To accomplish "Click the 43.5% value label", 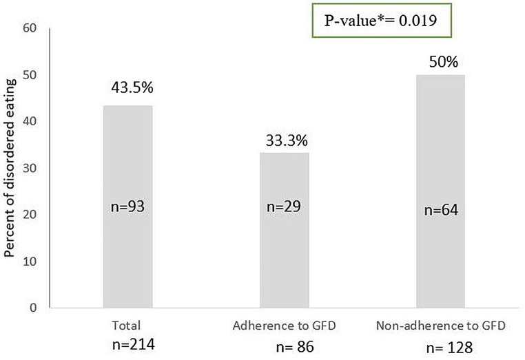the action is (x=132, y=87).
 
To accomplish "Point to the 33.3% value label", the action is (x=287, y=140).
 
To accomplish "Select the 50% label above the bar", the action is (x=443, y=62).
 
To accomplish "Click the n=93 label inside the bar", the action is (x=127, y=207).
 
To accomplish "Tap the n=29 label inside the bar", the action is (x=284, y=207).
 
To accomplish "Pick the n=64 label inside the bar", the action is (x=441, y=210).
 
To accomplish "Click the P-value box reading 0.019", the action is (x=382, y=21).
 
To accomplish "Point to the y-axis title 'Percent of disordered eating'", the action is (x=10, y=168).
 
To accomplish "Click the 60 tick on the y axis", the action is (x=30, y=28).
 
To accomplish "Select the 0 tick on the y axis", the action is (x=33, y=308).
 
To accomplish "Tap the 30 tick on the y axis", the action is (x=30, y=168).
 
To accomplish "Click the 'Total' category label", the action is (x=126, y=326).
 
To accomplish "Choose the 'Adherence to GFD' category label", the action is (x=284, y=326).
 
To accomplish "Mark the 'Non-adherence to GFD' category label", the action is (x=441, y=326).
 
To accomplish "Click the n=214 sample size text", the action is (x=134, y=344).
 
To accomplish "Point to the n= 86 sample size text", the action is (x=295, y=348).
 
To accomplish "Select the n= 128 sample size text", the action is (x=450, y=348).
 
